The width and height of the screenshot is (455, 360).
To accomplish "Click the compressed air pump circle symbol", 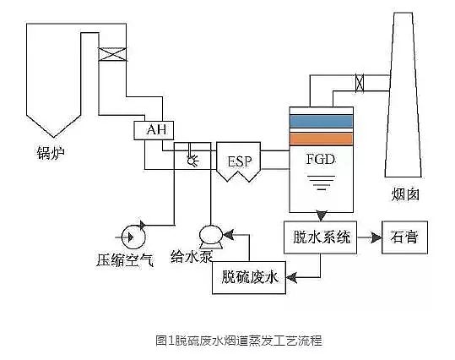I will click(x=131, y=229).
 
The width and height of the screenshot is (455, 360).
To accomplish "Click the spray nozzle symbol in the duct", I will click(x=192, y=158).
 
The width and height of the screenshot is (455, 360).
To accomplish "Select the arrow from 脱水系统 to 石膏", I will click(x=370, y=237).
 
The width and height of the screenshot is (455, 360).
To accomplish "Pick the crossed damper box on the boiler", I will click(x=111, y=54).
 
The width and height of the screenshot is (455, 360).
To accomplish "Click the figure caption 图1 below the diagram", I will click(x=227, y=341).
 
